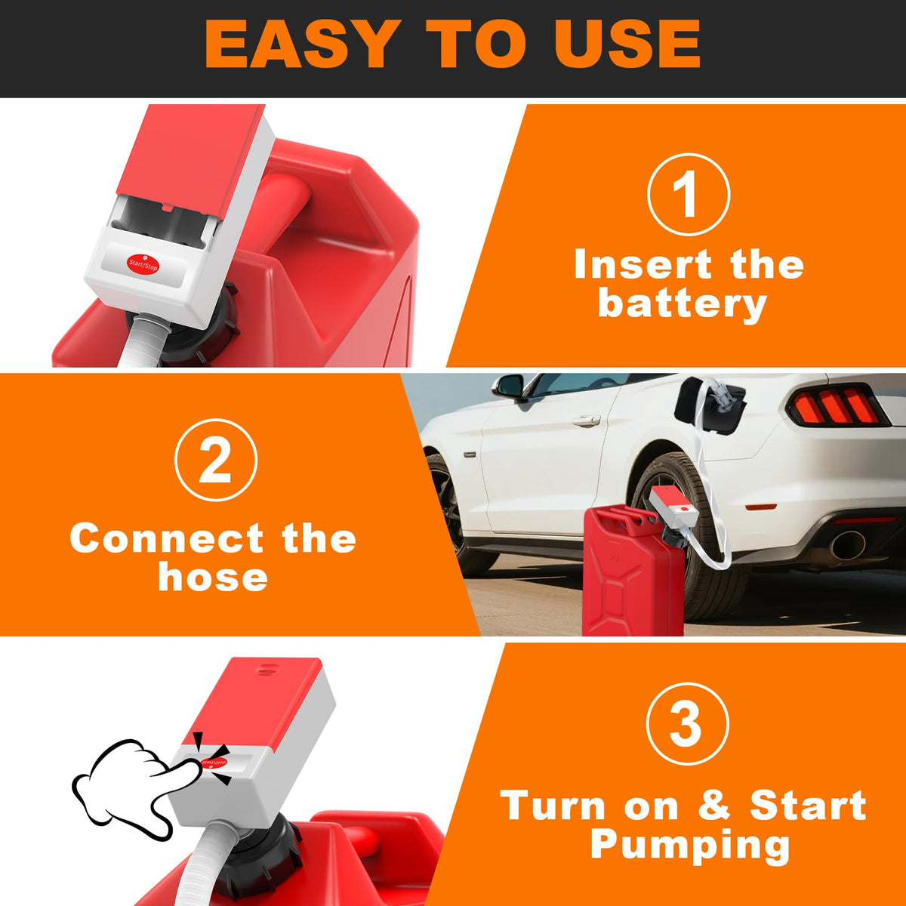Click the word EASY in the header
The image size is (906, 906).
click(x=300, y=45)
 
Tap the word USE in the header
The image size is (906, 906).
click(x=615, y=45)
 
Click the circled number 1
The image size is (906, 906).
click(x=689, y=194)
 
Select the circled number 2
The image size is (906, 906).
click(x=216, y=459)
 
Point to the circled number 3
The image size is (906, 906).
click(x=688, y=723)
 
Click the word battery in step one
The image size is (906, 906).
click(x=683, y=305)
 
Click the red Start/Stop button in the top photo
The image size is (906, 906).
click(x=143, y=265)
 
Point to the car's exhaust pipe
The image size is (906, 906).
click(x=848, y=545)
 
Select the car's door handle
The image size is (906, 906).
click(x=587, y=421)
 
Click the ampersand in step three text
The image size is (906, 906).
click(x=713, y=805)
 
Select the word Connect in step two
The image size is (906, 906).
click(x=166, y=538)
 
